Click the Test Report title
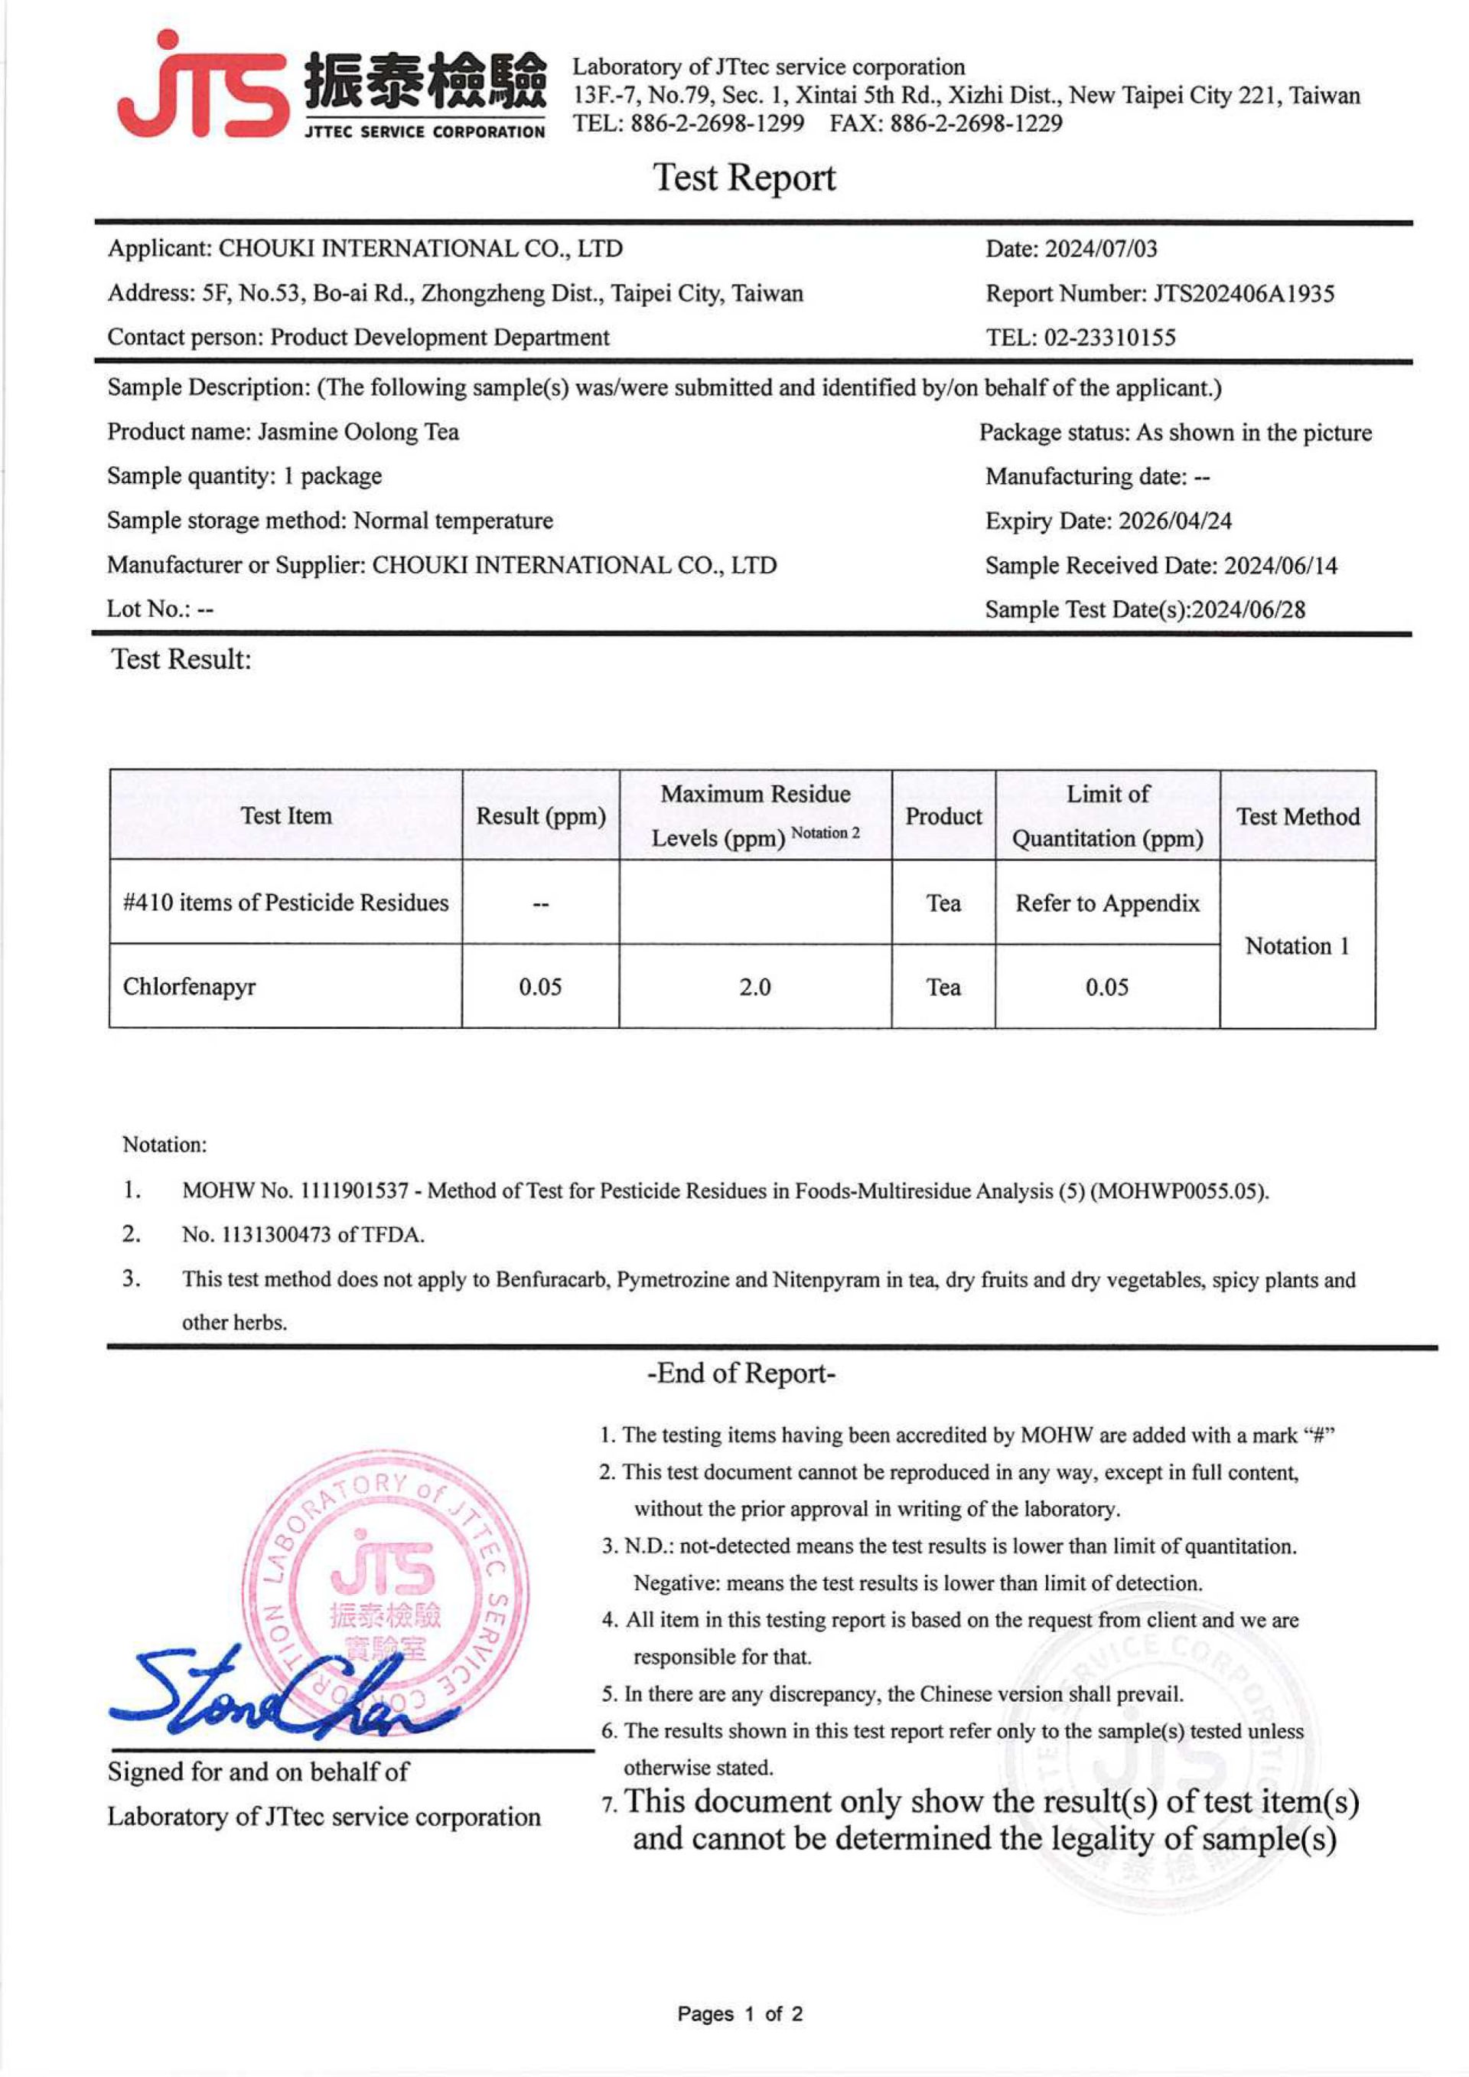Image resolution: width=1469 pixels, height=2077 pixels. pyautogui.click(x=744, y=178)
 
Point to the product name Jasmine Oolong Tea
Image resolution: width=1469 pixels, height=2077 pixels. pyautogui.click(x=358, y=433)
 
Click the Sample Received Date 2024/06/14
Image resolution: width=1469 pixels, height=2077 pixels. pyautogui.click(x=1280, y=566)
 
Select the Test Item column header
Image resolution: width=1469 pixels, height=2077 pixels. pyautogui.click(x=286, y=816)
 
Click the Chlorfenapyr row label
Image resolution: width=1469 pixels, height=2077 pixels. pyautogui.click(x=189, y=987)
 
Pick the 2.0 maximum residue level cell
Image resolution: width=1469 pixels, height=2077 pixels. pyautogui.click(x=754, y=988)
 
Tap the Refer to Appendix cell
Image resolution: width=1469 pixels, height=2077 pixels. pyautogui.click(x=1107, y=903)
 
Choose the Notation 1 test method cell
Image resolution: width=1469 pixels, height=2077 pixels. pyautogui.click(x=1297, y=945)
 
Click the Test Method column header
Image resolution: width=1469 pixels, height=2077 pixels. pyautogui.click(x=1297, y=816)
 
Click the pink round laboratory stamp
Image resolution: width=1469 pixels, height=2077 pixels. pyautogui.click(x=387, y=1593)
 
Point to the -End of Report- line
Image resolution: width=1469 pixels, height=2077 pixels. pyautogui.click(x=741, y=1373)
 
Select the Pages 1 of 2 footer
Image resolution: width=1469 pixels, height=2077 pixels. pyautogui.click(x=739, y=2013)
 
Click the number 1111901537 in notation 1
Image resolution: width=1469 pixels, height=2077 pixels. pyautogui.click(x=353, y=1191)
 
